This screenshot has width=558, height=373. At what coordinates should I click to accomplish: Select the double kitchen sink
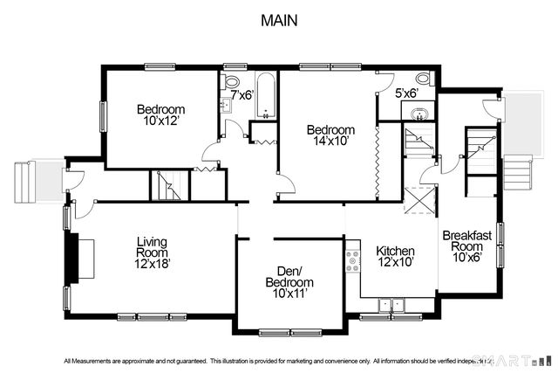pyautogui.click(x=390, y=304)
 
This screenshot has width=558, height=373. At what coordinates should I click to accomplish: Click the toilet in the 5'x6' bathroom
pyautogui.click(x=422, y=77)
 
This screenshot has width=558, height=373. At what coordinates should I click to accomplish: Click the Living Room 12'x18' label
pyautogui.click(x=151, y=252)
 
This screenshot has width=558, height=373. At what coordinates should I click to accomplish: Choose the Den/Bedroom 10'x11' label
pyautogui.click(x=289, y=283)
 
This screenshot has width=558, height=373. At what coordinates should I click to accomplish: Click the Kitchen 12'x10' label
pyautogui.click(x=394, y=256)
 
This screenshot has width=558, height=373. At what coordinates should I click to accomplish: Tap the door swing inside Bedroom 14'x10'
pyautogui.click(x=284, y=179)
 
